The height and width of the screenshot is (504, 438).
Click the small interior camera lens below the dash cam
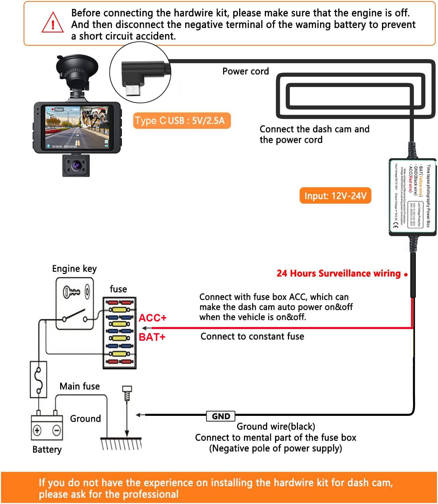coord(76,166)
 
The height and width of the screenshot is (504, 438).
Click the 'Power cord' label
coord(245,71)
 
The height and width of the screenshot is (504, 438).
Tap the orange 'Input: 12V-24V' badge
coord(335,196)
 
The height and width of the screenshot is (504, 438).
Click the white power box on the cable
coord(412,197)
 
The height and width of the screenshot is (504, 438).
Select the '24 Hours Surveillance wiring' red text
coord(338,273)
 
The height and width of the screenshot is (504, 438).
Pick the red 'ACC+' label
coord(152,318)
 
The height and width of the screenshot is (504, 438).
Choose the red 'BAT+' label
coord(152,337)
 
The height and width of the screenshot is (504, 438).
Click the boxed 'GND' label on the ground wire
coord(221,416)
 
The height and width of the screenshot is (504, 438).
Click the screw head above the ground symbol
coord(127,389)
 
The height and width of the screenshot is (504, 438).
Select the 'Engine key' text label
coord(74,269)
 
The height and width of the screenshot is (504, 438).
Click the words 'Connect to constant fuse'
coord(252,336)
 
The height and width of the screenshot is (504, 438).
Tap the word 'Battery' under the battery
coord(47,449)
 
